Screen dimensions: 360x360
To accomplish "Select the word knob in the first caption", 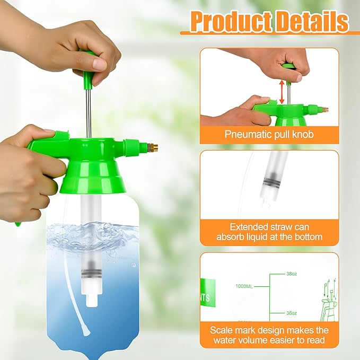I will tap(302, 134).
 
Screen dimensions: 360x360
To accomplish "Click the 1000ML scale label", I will tap(244, 286).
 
